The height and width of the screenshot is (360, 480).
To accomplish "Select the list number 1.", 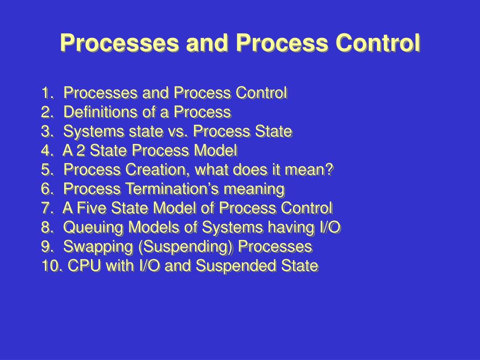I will pos(46,93).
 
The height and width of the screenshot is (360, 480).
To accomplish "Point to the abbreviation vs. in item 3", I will pos(176,132).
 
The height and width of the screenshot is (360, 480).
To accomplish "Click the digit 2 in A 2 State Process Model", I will pos(81,151).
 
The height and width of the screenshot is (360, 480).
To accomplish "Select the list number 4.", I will pos(46,151).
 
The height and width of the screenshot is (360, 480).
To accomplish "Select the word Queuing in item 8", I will pos(94,228).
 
